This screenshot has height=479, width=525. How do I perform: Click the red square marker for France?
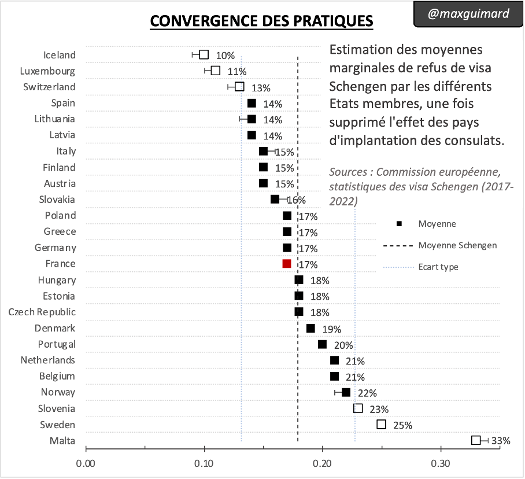tap(287, 264)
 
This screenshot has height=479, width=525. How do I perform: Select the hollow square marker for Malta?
tap(476, 440)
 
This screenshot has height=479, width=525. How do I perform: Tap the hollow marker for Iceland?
tap(204, 54)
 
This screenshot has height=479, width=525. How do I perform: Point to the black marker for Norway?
tap(346, 392)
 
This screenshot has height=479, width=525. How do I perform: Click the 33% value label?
tap(501, 441)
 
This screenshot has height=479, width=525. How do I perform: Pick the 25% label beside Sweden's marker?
tap(402, 425)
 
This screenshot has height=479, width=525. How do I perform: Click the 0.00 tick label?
tap(86, 464)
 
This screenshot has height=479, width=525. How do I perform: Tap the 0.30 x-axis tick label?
tap(441, 464)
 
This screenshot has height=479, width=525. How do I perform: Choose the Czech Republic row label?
tap(42, 312)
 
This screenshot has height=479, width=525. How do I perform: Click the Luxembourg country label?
tap(47, 71)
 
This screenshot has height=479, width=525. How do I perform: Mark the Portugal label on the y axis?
tap(57, 344)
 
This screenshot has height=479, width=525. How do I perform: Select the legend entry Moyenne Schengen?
tap(457, 245)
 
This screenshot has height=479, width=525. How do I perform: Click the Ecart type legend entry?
tap(438, 267)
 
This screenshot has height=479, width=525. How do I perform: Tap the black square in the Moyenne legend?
tap(399, 224)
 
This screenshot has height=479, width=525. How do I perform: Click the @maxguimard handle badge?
tap(468, 13)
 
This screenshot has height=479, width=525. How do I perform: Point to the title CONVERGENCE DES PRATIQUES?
tap(261, 21)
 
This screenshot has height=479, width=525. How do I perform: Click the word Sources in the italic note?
tap(347, 172)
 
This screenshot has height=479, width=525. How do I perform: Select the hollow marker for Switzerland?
tap(239, 87)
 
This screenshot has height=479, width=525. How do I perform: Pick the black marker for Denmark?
tap(310, 328)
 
